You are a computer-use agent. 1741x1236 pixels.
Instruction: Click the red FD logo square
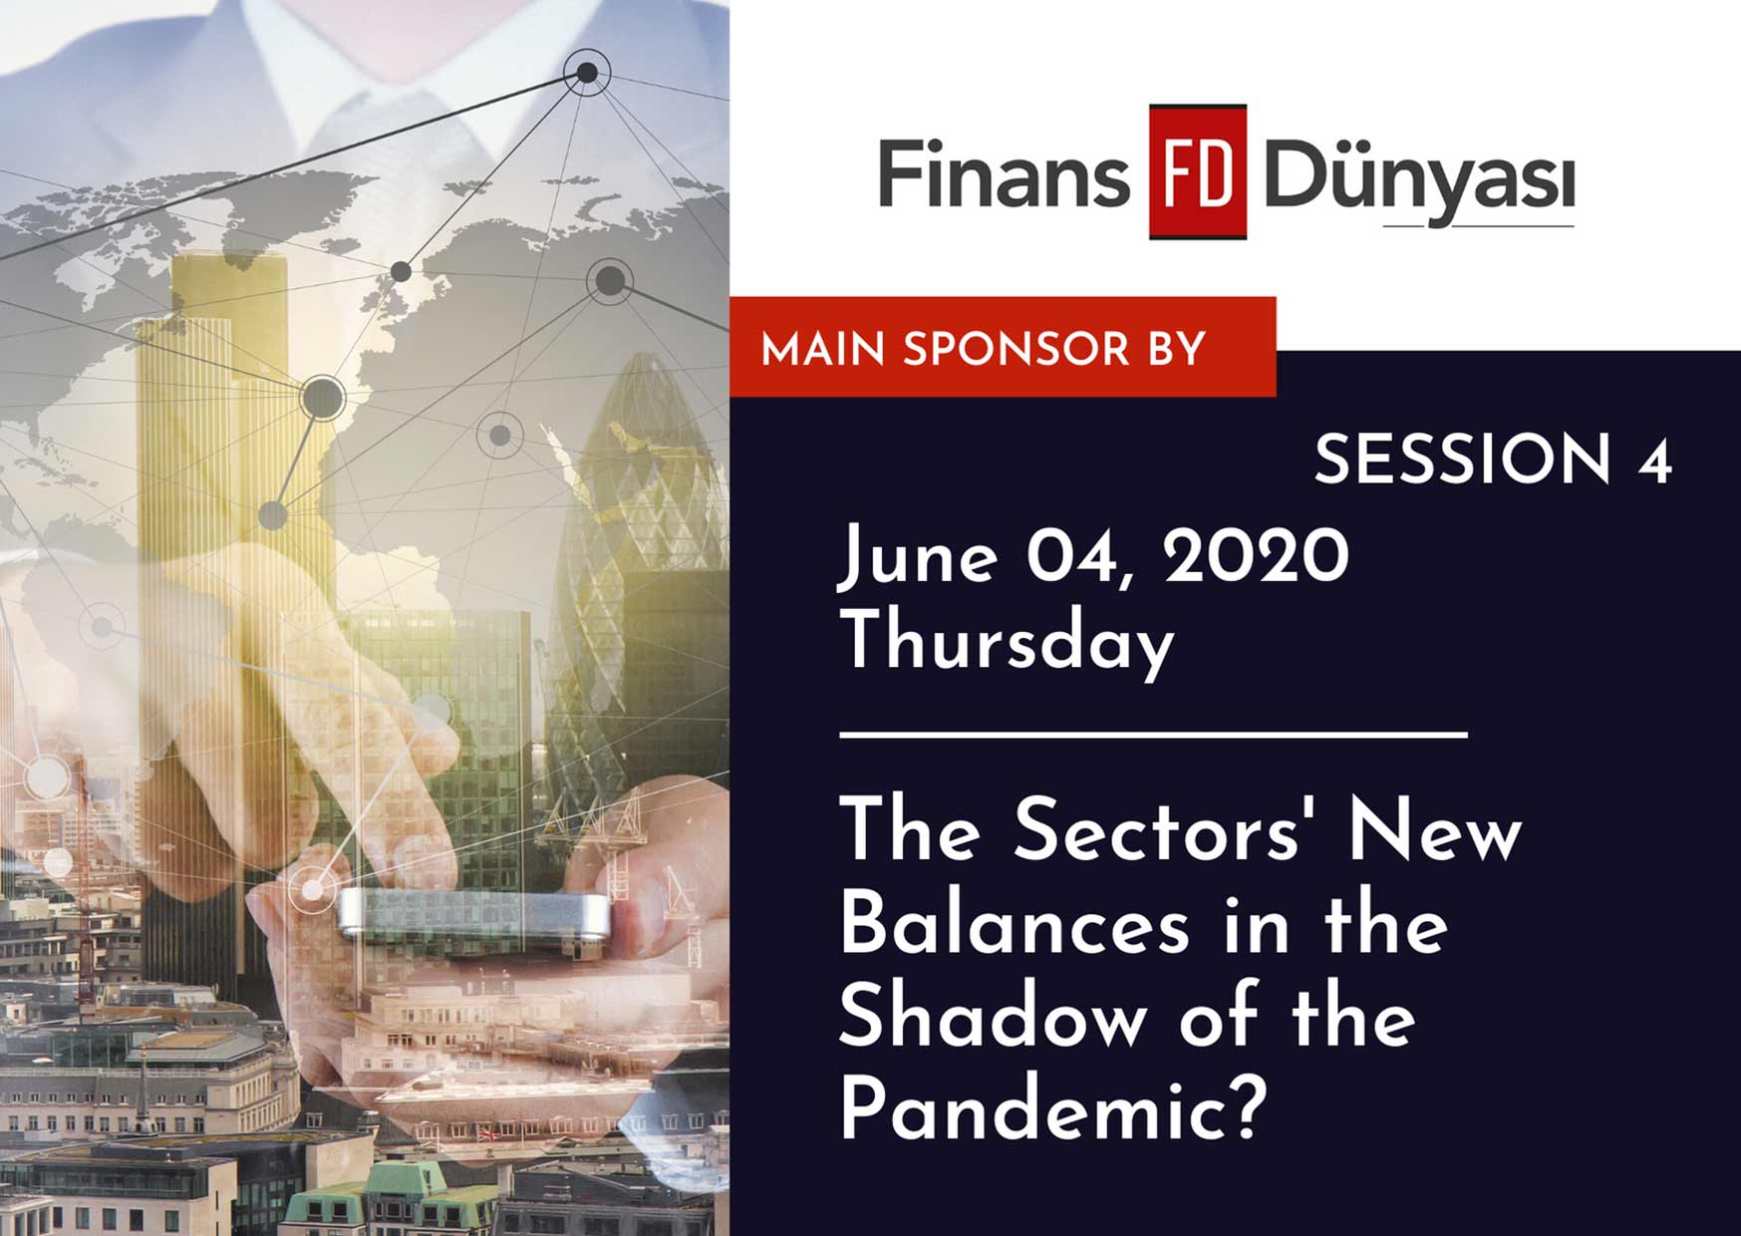(x=1197, y=171)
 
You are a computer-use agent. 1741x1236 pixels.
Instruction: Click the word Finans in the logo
(x=1004, y=173)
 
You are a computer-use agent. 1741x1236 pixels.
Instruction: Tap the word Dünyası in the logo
(x=1419, y=179)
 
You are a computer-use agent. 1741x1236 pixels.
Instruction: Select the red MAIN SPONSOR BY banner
(x=1003, y=347)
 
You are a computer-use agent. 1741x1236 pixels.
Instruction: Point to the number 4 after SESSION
(x=1654, y=462)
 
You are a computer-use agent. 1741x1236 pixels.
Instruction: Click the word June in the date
(x=918, y=557)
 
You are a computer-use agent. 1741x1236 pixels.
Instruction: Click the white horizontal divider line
(x=1153, y=735)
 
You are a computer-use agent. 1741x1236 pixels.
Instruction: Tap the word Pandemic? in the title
(x=1053, y=1108)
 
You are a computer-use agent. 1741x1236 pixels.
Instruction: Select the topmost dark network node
(x=587, y=72)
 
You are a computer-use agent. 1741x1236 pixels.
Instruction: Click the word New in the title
(x=1435, y=830)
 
